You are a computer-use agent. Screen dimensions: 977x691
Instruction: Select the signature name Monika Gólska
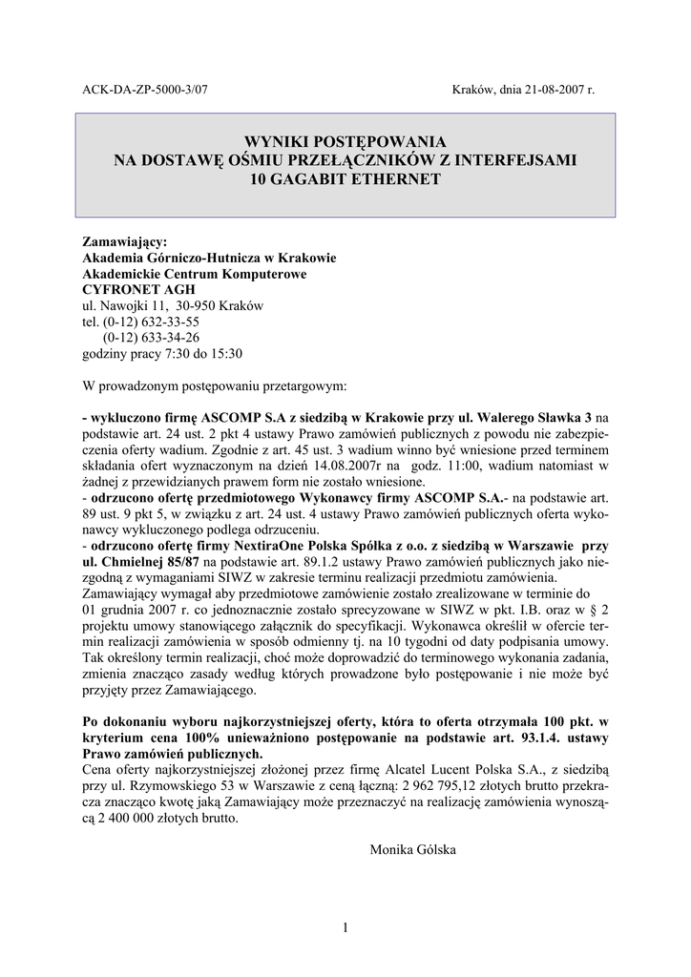[x=412, y=849]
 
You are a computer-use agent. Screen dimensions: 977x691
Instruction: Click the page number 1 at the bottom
[x=345, y=927]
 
